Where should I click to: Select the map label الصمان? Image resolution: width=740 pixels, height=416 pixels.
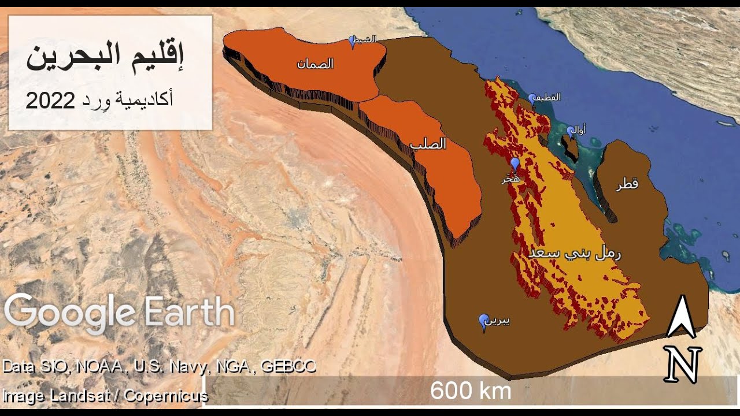(x=315, y=64)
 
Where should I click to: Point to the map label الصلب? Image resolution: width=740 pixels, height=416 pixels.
(x=428, y=144)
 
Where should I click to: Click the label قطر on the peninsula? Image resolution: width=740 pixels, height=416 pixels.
(x=627, y=184)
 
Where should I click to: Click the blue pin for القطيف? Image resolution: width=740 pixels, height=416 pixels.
(x=532, y=99)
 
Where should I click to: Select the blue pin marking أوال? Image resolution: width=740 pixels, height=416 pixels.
(x=571, y=132)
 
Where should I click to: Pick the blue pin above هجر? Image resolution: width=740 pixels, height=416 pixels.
(x=515, y=164)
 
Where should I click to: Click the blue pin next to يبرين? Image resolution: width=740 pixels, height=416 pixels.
(x=483, y=321)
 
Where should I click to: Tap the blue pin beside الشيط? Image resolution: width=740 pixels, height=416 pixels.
(x=352, y=41)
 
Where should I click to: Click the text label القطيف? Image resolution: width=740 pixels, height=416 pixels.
(x=549, y=98)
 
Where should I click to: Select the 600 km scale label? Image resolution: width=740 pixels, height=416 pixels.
(x=471, y=391)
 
